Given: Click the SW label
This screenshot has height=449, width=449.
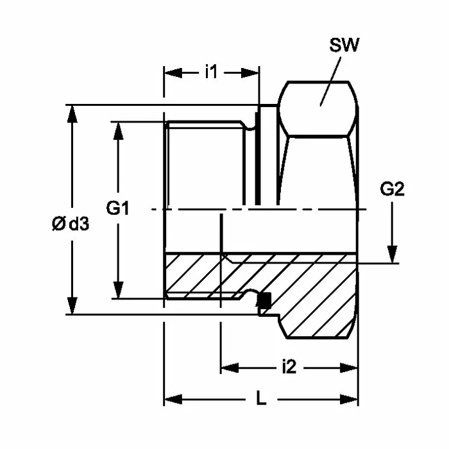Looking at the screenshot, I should (x=344, y=46).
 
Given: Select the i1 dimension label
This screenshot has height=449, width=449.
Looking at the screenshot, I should (x=211, y=72).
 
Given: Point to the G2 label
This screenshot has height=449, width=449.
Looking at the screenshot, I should (x=392, y=189).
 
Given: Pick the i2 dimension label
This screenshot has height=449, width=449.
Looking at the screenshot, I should (x=289, y=368).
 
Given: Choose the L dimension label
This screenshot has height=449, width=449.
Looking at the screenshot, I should (x=260, y=399).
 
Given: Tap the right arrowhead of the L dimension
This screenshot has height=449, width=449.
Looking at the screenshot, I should (x=350, y=400).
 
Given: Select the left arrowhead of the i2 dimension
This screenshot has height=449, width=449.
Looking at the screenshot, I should (x=229, y=368).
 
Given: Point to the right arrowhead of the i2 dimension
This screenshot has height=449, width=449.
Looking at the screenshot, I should (x=350, y=368).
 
